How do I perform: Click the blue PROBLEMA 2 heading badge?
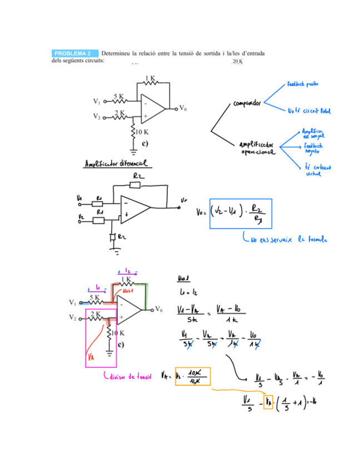point(73,53)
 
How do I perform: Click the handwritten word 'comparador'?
point(247,103)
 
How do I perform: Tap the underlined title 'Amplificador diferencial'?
point(115,164)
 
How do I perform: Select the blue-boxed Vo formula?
point(241,213)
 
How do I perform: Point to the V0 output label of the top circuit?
point(183,108)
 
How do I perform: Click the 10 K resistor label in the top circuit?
point(142,132)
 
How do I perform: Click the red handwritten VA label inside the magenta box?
point(92,358)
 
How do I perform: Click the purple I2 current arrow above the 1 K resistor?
point(127,272)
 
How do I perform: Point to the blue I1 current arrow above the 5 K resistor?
point(97,289)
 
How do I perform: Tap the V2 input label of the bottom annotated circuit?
point(73,317)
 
